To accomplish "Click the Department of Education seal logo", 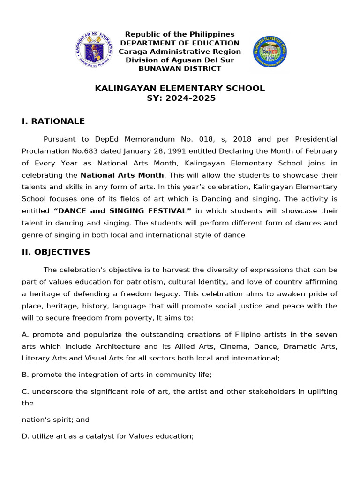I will click(94, 49).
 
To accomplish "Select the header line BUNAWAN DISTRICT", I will click(180, 68).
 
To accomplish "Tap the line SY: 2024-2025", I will click(180, 98).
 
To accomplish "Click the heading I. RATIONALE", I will click(53, 121).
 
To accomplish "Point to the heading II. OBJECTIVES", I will click(56, 252).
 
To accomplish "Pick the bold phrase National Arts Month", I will click(122, 175).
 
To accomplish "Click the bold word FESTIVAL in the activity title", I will click(165, 211).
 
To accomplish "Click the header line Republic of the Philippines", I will click(180, 34).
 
